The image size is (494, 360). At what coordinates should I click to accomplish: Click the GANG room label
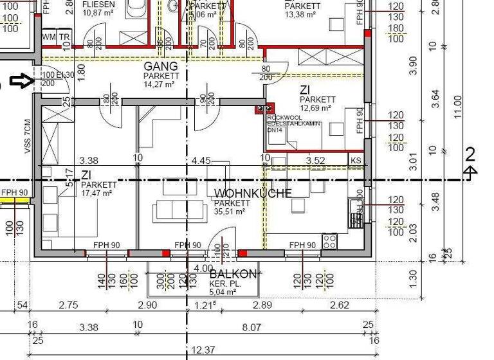[x=160, y=67]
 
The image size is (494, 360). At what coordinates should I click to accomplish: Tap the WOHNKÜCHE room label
[x=253, y=193]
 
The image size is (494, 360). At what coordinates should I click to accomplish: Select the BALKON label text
[x=233, y=274]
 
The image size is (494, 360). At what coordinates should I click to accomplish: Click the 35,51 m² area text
[x=230, y=211]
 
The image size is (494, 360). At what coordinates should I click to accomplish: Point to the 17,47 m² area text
[x=97, y=193]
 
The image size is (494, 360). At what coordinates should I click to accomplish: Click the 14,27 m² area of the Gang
[x=160, y=84]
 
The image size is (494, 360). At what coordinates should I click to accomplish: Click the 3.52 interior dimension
[x=316, y=160]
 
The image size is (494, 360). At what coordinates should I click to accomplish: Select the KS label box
[x=356, y=159]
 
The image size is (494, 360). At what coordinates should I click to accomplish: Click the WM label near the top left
[x=49, y=37]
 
